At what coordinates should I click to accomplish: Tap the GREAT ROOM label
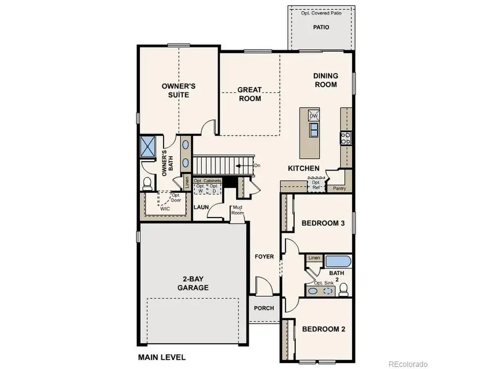tap(249, 94)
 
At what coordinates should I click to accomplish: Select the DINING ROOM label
tap(325, 80)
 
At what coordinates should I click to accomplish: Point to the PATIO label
tap(321, 26)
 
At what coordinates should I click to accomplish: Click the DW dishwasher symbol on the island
tap(314, 116)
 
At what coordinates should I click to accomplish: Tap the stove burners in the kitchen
tap(345, 138)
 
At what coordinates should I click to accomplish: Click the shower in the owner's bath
tap(148, 145)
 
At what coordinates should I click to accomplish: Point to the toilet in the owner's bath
tap(147, 184)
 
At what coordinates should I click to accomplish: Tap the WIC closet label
tap(164, 208)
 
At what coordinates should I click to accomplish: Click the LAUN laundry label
tap(202, 208)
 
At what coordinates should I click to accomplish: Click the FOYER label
tap(264, 256)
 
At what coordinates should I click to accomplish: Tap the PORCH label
tap(264, 308)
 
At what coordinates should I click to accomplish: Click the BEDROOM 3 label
tap(323, 222)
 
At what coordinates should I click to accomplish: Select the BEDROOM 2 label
tap(323, 330)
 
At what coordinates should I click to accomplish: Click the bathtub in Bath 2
tap(338, 260)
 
